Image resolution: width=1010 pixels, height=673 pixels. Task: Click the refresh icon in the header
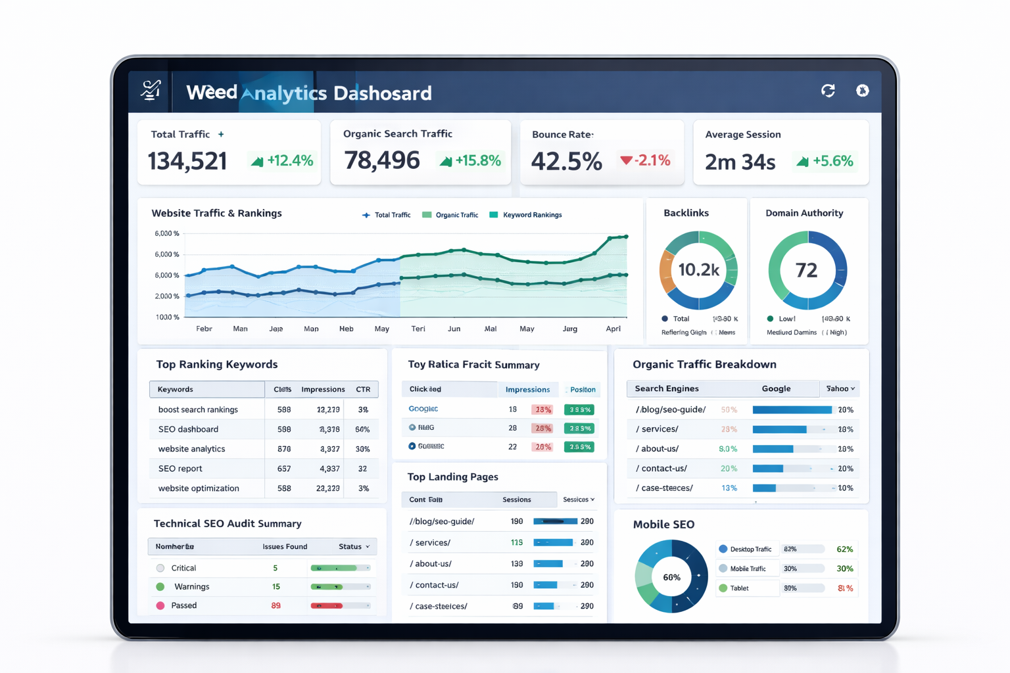click(x=828, y=91)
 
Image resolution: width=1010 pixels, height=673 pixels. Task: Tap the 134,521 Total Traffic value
click(x=187, y=161)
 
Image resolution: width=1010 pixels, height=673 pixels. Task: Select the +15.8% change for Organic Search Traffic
click(x=471, y=160)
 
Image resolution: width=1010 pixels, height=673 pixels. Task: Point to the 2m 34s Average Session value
click(x=740, y=162)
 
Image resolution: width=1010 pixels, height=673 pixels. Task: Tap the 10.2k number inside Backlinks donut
click(x=698, y=269)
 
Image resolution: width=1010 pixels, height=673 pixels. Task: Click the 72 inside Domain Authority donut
click(x=806, y=270)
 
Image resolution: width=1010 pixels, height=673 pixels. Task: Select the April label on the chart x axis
click(x=613, y=329)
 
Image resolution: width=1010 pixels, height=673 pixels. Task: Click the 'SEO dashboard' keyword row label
click(x=188, y=429)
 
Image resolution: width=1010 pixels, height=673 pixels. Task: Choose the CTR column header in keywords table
click(x=363, y=389)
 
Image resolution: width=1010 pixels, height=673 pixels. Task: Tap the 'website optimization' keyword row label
click(x=199, y=488)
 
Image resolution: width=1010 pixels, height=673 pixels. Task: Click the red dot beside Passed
click(x=160, y=605)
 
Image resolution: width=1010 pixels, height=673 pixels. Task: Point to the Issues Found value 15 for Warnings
click(x=276, y=586)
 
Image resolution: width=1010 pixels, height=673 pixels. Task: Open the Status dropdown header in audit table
click(x=354, y=547)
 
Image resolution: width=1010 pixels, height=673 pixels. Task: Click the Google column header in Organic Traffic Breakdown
click(x=776, y=388)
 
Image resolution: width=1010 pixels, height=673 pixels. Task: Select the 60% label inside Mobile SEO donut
click(x=671, y=578)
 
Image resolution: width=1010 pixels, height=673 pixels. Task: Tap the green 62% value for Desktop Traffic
click(x=844, y=549)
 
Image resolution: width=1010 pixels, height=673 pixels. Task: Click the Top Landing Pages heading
click(x=452, y=477)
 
